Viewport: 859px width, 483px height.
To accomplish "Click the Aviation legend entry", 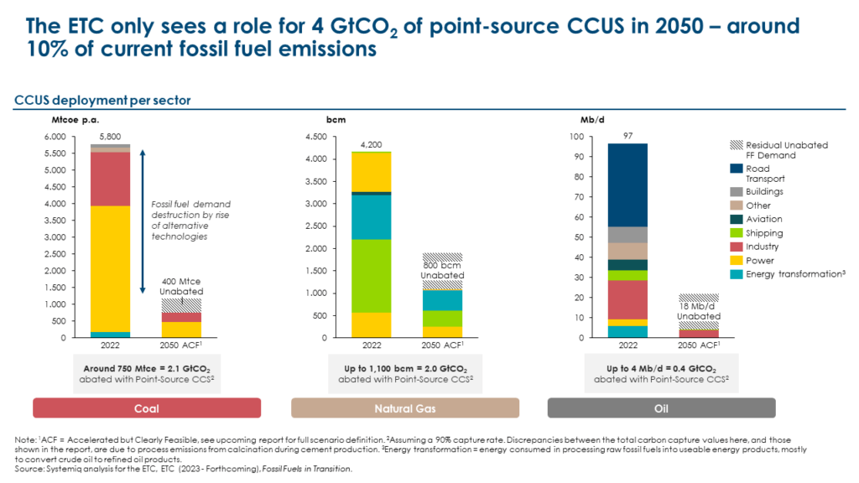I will coord(763,220).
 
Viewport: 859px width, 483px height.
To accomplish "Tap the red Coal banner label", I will coord(147,408).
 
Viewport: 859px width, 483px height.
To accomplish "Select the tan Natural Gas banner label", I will coord(405,408).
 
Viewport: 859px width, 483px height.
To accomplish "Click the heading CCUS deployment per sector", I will coord(102,101).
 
